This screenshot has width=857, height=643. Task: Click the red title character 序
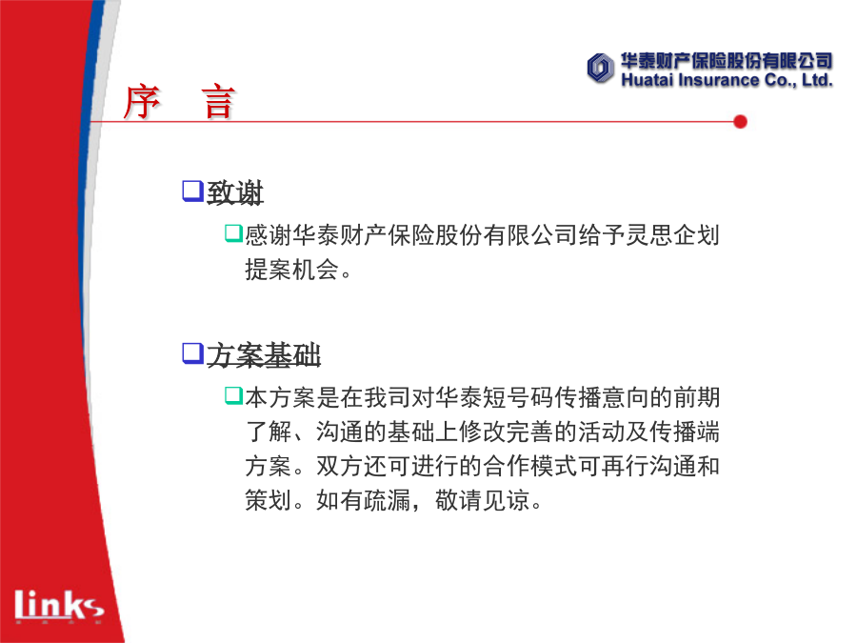(x=142, y=102)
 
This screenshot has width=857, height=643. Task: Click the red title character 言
(x=219, y=102)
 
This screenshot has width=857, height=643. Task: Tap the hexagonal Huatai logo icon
(x=600, y=69)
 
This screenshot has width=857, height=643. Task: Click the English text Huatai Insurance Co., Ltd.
(x=727, y=80)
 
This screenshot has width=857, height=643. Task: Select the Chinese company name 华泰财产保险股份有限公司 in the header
(x=727, y=61)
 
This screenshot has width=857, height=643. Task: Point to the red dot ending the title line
(x=740, y=121)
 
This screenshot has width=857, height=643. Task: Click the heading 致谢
(x=235, y=192)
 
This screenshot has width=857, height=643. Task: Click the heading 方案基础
(x=264, y=355)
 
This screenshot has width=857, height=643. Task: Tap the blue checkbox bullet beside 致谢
(x=192, y=191)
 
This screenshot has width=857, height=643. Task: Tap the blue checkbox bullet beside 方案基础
(x=192, y=353)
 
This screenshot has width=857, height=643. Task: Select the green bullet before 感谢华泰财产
(x=233, y=233)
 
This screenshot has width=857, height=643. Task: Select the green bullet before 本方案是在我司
(x=233, y=395)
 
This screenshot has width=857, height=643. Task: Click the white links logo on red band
(x=59, y=605)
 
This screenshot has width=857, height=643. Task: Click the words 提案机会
(x=292, y=269)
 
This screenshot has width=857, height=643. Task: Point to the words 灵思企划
(x=672, y=235)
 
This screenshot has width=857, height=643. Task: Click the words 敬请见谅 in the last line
(x=482, y=500)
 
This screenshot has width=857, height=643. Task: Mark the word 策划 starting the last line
(x=269, y=500)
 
